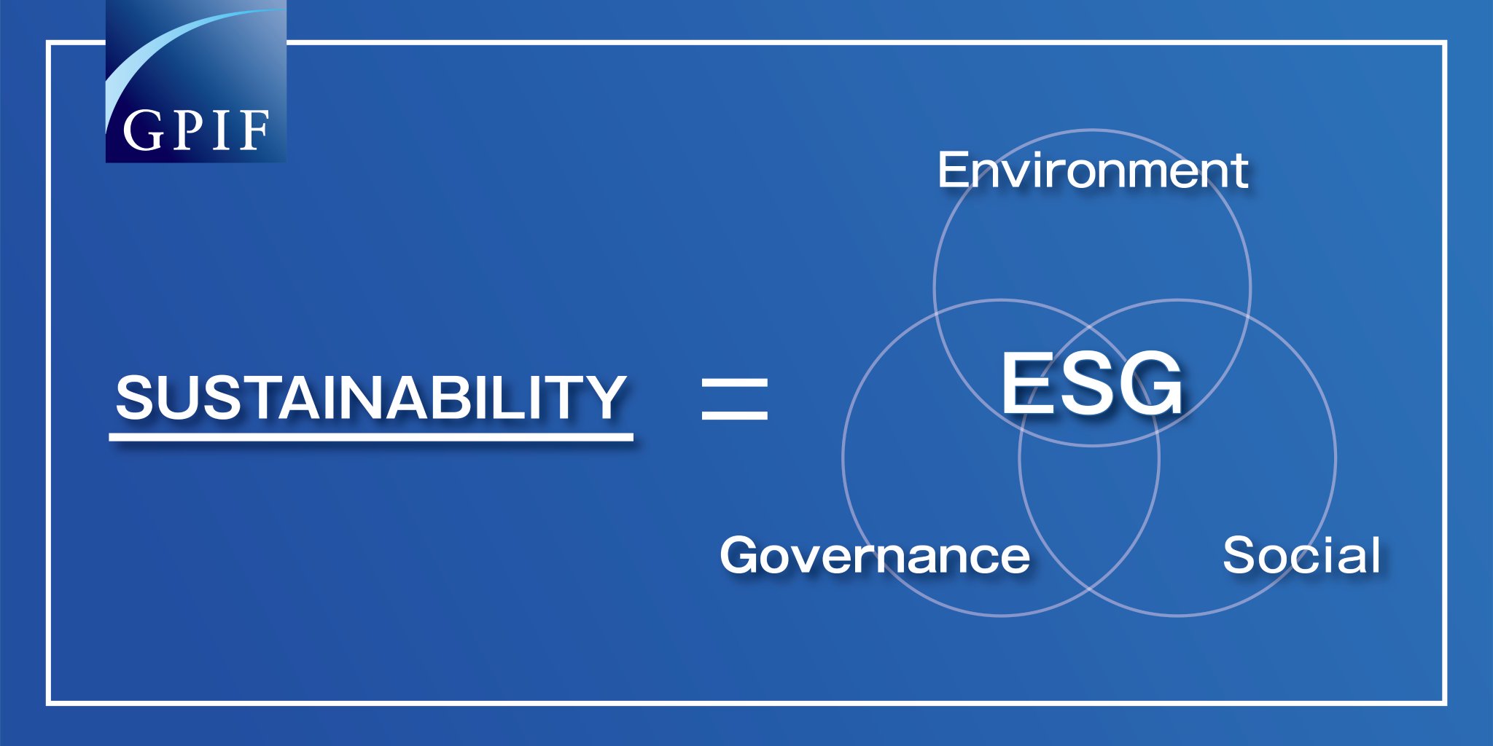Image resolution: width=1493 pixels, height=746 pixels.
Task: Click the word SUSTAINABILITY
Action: click(371, 397)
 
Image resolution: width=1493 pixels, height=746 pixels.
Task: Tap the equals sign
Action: click(734, 398)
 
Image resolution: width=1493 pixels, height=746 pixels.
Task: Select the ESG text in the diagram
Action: click(1091, 384)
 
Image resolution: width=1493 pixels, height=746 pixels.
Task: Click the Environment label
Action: click(1093, 170)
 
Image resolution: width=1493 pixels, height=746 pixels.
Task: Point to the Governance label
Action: click(875, 556)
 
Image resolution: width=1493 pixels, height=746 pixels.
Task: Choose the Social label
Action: click(1301, 556)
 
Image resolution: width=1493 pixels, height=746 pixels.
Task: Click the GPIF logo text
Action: click(196, 131)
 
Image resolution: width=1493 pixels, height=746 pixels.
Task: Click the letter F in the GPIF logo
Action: click(254, 131)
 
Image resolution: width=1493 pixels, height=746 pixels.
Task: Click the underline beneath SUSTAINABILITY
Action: click(371, 437)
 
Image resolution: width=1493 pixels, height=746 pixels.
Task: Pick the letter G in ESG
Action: click(1152, 384)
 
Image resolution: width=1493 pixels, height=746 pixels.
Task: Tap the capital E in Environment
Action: click(952, 170)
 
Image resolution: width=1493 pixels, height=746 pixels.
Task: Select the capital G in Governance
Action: click(742, 556)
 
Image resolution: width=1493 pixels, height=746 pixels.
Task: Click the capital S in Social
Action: click(1239, 556)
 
